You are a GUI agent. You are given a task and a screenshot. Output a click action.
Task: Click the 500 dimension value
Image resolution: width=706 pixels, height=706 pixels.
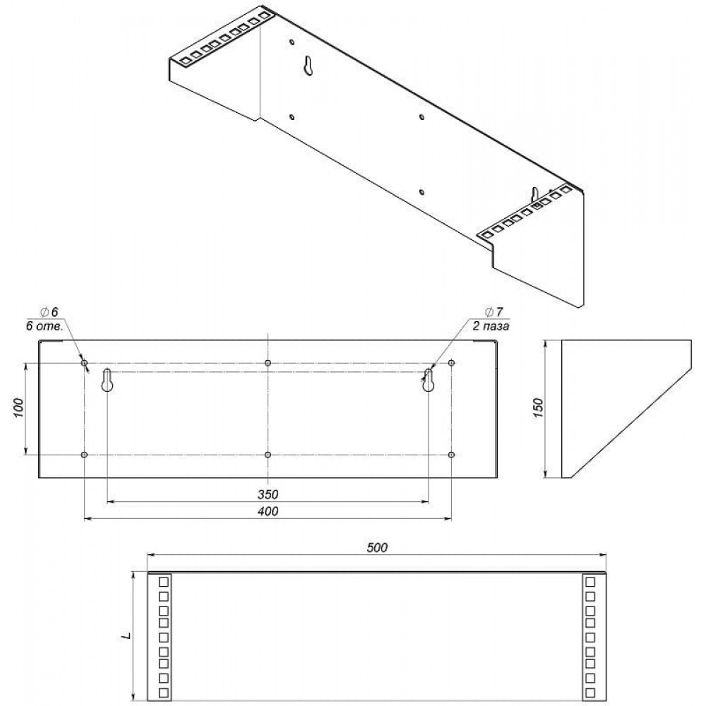click(x=377, y=547)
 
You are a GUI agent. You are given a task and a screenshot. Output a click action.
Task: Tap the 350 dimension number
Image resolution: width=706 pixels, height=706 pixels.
click(x=268, y=494)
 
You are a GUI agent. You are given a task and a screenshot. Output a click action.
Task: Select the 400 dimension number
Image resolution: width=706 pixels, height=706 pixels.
click(x=268, y=511)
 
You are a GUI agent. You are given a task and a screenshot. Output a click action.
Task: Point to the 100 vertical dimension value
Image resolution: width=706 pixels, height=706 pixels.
click(x=18, y=408)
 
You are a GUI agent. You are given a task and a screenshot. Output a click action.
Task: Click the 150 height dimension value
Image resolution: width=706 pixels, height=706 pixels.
click(x=539, y=408)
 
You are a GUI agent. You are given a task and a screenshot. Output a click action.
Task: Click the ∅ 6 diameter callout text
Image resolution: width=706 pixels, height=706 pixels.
click(x=49, y=312)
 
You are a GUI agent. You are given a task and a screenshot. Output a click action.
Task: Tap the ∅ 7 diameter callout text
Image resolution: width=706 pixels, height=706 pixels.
click(x=494, y=312)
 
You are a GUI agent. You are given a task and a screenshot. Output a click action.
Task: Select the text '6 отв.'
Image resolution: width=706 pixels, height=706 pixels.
click(x=44, y=326)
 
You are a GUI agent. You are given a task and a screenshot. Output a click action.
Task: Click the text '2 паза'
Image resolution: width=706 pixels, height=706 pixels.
click(x=491, y=326)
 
